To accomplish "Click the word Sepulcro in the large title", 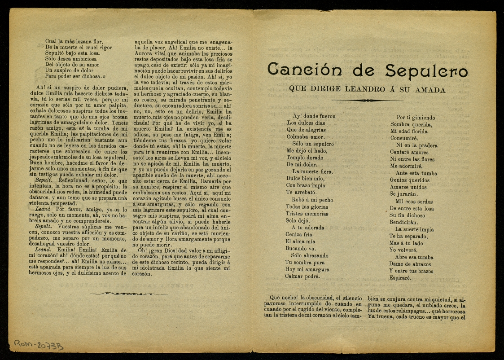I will pyautogui.click(x=426, y=71).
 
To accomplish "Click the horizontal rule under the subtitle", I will pyautogui.click(x=367, y=100).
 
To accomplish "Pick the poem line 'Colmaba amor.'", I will pyautogui.click(x=305, y=136).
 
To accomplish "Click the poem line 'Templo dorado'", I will pyautogui.click(x=305, y=158).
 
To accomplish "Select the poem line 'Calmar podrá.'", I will pyautogui.click(x=302, y=276).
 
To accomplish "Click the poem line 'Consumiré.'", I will pyautogui.click(x=404, y=138).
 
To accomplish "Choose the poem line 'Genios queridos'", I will pyautogui.click(x=410, y=180).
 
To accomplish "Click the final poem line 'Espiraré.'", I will pyautogui.click(x=403, y=278).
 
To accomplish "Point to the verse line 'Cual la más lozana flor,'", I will pyautogui.click(x=74, y=41).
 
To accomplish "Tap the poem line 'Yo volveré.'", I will pyautogui.click(x=403, y=250).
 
